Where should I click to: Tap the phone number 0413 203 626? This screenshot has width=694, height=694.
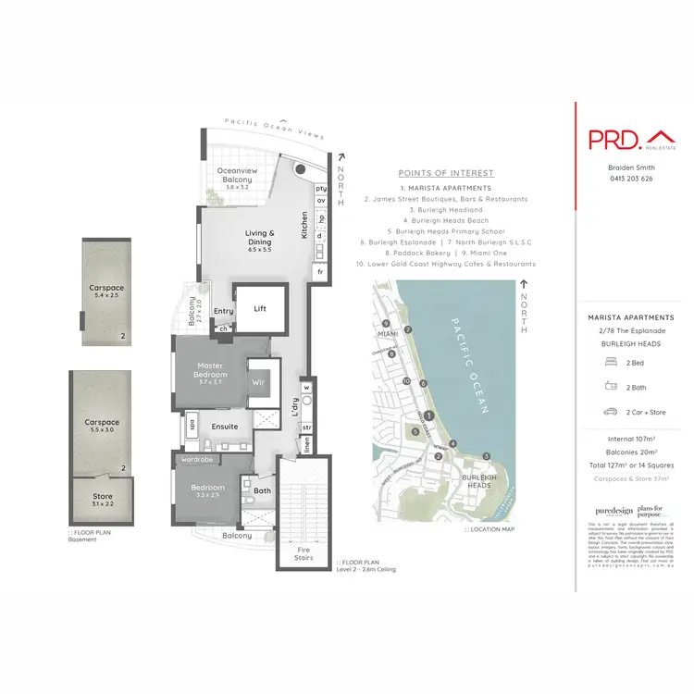pyautogui.click(x=630, y=178)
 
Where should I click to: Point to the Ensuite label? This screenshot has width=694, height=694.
pyautogui.click(x=225, y=427)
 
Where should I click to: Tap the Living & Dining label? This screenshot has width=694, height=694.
pyautogui.click(x=260, y=238)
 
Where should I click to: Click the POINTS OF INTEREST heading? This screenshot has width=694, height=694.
pyautogui.click(x=446, y=173)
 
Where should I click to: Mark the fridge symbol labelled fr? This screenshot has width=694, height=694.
pyautogui.click(x=321, y=273)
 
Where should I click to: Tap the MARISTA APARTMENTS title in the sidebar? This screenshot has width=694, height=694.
pyautogui.click(x=629, y=317)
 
